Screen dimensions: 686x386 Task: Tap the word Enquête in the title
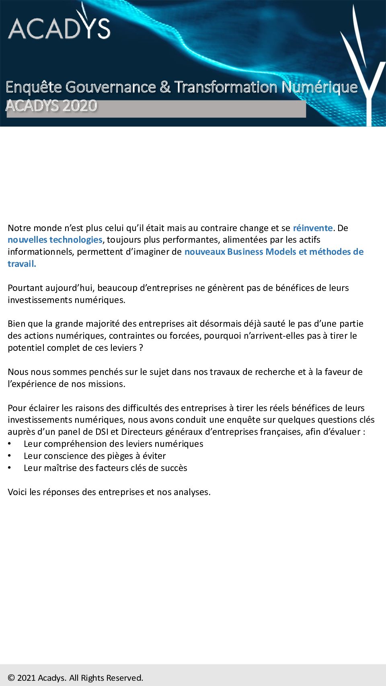(34, 87)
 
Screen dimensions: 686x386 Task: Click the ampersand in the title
(165, 87)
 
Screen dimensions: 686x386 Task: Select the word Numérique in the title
(319, 87)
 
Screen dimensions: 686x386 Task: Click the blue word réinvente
(312, 228)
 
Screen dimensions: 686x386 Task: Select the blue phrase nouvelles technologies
(55, 240)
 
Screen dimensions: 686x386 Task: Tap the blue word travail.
(22, 264)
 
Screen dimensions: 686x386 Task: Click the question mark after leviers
(141, 348)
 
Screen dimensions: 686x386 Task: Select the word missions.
(107, 384)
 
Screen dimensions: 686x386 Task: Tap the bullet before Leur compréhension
(9, 444)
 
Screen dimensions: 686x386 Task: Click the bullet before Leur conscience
(9, 456)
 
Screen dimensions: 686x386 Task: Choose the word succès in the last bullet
(174, 468)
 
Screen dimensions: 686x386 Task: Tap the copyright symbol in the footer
(11, 678)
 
